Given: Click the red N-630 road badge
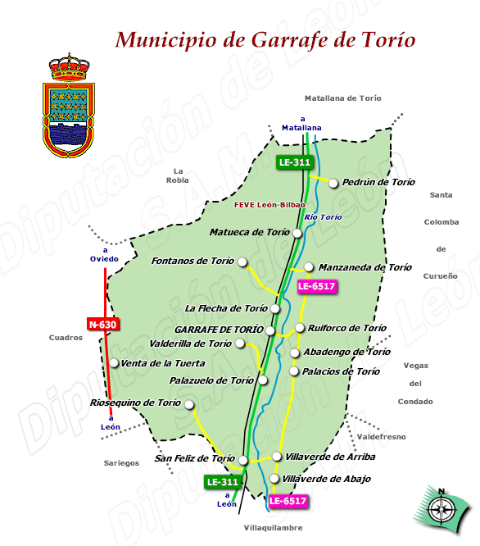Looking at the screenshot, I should (x=102, y=325).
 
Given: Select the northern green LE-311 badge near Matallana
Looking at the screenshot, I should (x=295, y=162).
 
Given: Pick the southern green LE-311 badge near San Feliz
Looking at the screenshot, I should (x=223, y=482).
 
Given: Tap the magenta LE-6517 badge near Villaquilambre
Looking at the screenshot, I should (x=288, y=500).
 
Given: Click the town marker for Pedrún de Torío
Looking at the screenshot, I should (x=333, y=184).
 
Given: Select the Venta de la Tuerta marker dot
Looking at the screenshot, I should (x=115, y=363).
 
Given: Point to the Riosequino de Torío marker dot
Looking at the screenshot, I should (x=189, y=404).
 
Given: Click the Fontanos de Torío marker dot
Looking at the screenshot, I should (x=242, y=262).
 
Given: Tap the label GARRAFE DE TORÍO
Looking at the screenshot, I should (x=219, y=329).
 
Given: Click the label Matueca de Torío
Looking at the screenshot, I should (x=250, y=232).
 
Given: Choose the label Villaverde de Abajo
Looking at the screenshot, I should (x=326, y=479).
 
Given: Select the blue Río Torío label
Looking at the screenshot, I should (x=323, y=217).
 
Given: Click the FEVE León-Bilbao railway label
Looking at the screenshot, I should (x=269, y=204).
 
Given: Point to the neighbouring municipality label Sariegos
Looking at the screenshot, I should (x=122, y=463).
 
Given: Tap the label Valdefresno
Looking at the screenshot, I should (x=381, y=437).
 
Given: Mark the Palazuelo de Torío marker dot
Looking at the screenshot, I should (x=263, y=380).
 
